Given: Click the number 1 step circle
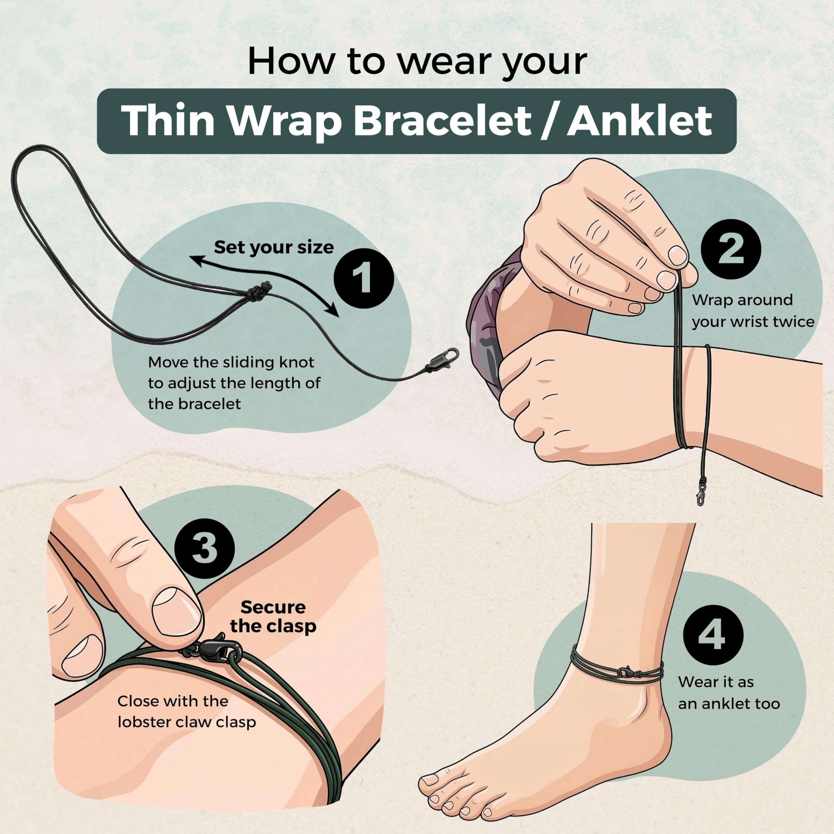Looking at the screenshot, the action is [x=364, y=279].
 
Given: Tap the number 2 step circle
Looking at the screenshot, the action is [x=731, y=250].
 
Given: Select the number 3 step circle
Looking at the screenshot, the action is [x=205, y=549].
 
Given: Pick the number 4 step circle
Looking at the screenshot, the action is [x=713, y=635].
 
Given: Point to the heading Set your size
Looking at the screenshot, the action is [x=274, y=247].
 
